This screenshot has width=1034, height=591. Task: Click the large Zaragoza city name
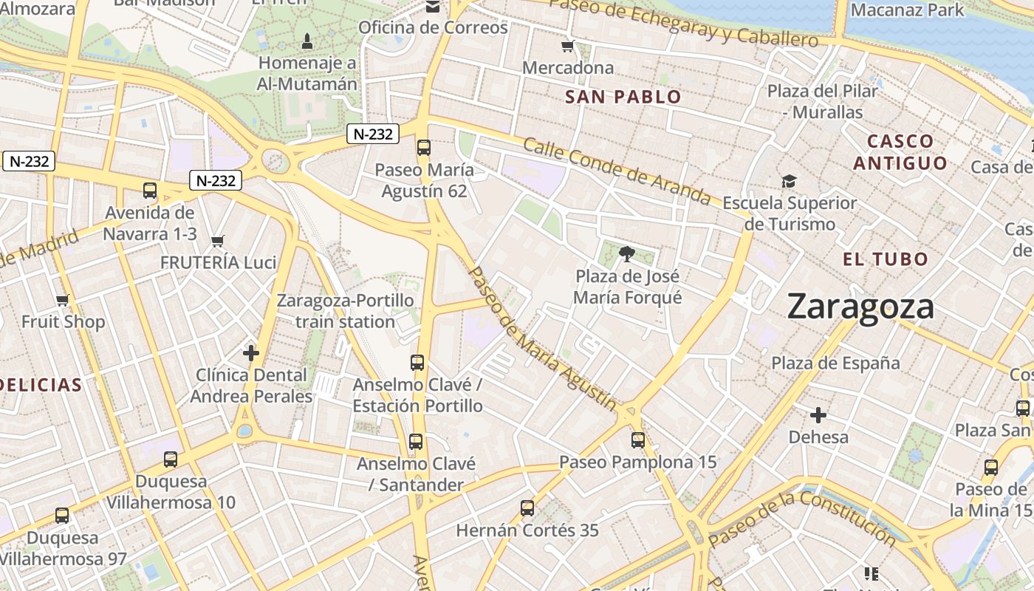tap(860, 306)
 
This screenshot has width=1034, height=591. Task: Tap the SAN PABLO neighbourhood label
tap(623, 97)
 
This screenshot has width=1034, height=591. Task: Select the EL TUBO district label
tap(885, 259)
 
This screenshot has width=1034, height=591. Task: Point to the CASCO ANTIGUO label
tap(900, 151)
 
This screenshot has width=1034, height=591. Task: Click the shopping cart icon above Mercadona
tap(567, 47)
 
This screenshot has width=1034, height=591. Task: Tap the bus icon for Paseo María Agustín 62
tap(423, 147)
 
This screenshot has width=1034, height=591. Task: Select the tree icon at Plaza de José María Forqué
tap(627, 255)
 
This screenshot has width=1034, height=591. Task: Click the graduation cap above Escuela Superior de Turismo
tap(789, 182)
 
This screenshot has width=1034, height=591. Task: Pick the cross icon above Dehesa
tap(818, 414)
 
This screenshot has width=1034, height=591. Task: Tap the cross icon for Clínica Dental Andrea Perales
tap(251, 353)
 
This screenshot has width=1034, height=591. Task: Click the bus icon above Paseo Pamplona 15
tap(637, 440)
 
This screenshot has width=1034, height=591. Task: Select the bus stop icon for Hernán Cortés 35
tap(527, 508)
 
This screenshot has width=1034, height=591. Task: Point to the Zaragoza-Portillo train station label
tap(345, 311)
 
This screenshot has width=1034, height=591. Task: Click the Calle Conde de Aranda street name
tap(617, 171)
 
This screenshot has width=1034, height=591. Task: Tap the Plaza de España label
tap(835, 363)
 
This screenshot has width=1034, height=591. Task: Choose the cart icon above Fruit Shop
tap(63, 300)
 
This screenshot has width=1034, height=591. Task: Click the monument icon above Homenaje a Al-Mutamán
tap(307, 40)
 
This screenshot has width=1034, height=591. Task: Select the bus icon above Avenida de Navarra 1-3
tap(150, 191)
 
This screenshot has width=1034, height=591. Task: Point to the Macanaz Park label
tap(907, 10)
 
